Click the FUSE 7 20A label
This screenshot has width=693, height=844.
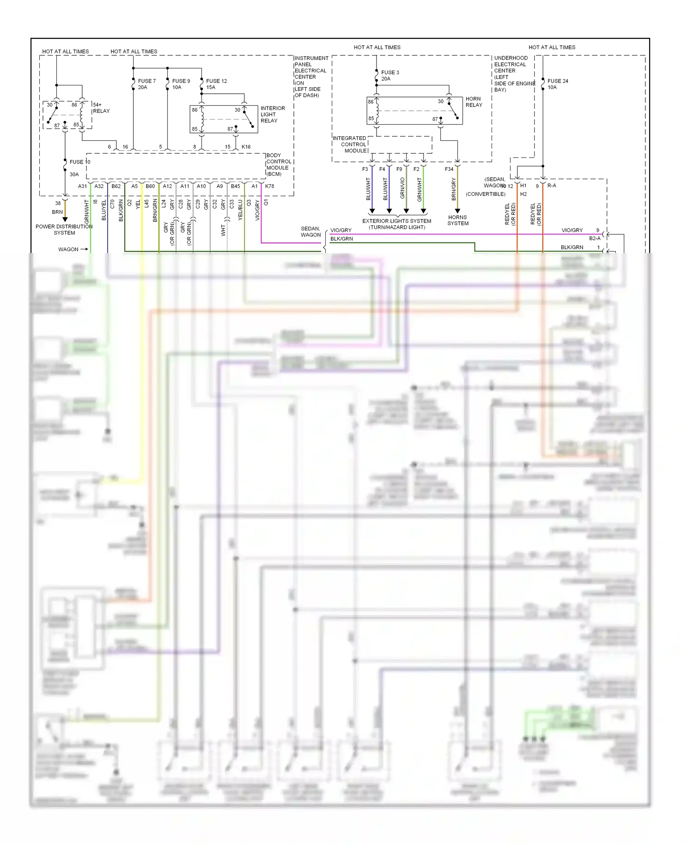147,84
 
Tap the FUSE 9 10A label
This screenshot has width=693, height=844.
181,84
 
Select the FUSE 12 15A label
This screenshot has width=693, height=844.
216,84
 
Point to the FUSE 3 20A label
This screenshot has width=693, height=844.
390,76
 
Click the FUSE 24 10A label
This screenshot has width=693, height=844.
558,84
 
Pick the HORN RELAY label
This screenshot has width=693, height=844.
474,102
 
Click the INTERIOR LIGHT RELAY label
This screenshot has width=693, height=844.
273,115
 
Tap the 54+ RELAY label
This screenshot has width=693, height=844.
101,108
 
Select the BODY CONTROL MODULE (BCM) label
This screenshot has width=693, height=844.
279,165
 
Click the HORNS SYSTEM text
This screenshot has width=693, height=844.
458,220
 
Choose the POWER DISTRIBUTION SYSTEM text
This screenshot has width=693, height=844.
64,229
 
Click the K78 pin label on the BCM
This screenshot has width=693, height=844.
269,187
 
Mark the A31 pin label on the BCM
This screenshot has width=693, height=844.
82,187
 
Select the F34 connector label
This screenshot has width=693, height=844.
449,169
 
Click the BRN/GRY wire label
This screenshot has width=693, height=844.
454,189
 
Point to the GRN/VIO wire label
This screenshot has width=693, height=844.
402,188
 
